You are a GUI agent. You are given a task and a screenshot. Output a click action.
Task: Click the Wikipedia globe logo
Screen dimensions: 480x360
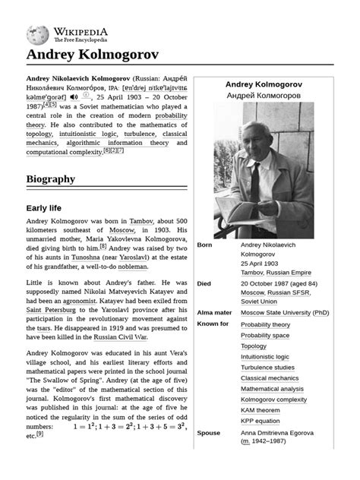tap(38, 33)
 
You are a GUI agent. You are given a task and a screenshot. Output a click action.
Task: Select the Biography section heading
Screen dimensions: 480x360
tap(51, 179)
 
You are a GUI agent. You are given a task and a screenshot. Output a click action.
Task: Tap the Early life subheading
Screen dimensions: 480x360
tap(44, 208)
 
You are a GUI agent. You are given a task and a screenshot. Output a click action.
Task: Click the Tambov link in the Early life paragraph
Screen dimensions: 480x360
tap(142, 220)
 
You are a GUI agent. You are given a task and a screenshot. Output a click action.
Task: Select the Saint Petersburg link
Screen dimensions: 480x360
tap(54, 309)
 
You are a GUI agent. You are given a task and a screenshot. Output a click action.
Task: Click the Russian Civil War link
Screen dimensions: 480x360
tap(120, 337)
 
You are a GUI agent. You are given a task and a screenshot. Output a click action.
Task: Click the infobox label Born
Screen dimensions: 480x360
tap(205, 245)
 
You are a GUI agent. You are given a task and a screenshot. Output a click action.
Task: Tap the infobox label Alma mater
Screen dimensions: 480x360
tap(214, 312)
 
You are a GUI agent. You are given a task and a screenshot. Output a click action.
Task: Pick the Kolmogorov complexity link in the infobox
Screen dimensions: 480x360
tap(273, 399)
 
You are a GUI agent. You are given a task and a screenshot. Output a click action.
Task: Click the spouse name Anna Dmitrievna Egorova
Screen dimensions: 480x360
tap(283, 433)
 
